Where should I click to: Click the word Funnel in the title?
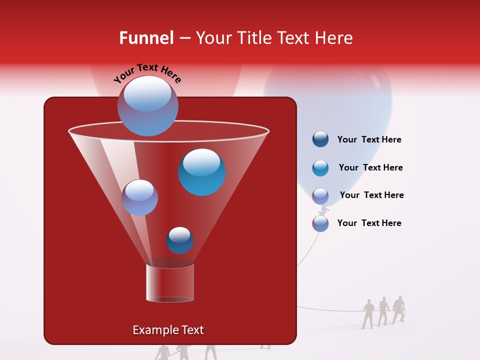pos(146,38)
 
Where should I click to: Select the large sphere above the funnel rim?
pos(148,105)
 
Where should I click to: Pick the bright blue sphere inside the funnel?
pos(201,172)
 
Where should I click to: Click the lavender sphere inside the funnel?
pos(139,197)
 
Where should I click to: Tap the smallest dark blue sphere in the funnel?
pos(179,240)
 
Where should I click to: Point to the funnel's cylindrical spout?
pos(170,283)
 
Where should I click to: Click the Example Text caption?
pos(168,330)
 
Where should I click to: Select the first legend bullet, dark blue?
pos(320,139)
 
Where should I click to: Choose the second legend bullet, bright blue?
pos(320,168)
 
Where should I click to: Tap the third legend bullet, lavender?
pos(320,196)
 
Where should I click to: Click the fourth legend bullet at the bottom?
pos(320,223)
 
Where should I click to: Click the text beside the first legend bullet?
pos(369,140)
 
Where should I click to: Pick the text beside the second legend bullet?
pos(370,167)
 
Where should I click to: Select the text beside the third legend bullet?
pos(371,195)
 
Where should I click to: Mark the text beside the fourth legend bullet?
pos(369,223)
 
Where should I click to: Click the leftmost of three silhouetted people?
pos(368,314)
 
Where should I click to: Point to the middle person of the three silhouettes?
pos(383,311)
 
